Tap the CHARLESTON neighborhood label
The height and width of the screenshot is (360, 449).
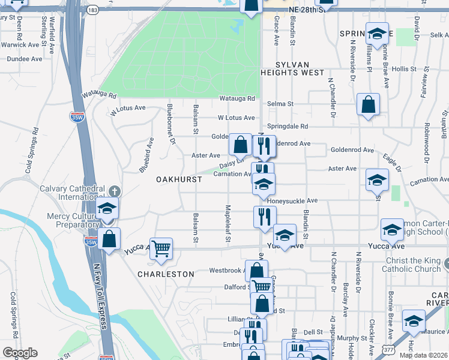pos(166,274)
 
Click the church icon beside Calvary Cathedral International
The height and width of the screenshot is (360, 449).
pos(114,191)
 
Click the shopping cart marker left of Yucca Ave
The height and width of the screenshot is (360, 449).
pos(161,248)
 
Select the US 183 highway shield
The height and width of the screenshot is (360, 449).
pos(92,10)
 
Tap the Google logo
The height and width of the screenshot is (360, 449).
pos(19,353)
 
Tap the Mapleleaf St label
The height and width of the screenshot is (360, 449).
pos(228,223)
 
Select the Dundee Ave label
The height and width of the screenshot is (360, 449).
pos(25,59)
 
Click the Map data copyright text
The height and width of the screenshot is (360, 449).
pos(423,355)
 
